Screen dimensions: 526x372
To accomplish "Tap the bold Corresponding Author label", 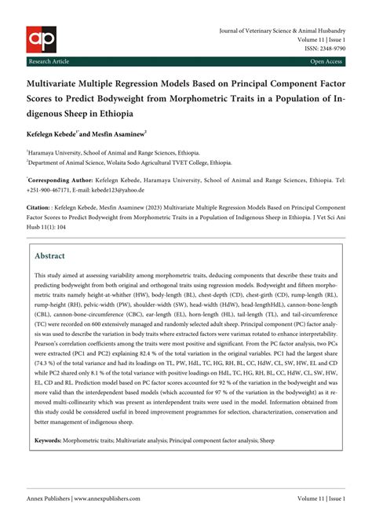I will point(62,179).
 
